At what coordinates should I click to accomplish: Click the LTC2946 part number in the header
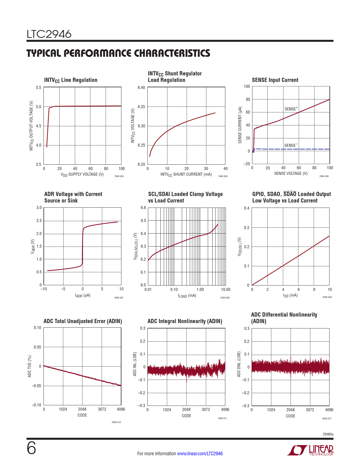click(x=49, y=34)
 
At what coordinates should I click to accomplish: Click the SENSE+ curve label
click(x=291, y=109)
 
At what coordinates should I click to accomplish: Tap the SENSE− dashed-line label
click(x=291, y=145)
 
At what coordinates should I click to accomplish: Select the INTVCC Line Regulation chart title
click(x=71, y=80)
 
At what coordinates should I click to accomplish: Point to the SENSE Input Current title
click(x=275, y=80)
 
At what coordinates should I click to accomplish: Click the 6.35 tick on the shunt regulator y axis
click(x=141, y=107)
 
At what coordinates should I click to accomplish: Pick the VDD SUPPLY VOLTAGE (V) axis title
click(x=82, y=175)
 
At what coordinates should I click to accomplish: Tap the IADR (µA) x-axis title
click(x=82, y=295)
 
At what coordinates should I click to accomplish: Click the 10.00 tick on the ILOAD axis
click(x=226, y=289)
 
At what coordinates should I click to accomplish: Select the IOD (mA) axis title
click(x=290, y=295)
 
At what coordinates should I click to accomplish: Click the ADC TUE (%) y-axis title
click(x=30, y=366)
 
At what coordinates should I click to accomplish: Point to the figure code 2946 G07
click(x=119, y=298)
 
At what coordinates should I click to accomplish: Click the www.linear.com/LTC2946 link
click(x=200, y=454)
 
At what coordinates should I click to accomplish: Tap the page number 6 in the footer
click(x=31, y=448)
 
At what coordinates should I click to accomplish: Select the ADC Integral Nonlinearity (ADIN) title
click(x=185, y=321)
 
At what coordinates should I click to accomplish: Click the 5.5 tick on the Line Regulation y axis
click(x=38, y=88)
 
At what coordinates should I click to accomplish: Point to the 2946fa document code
click(x=328, y=434)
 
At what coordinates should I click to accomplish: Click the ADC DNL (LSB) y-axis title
click(x=239, y=364)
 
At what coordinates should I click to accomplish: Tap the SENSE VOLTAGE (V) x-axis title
click(x=291, y=173)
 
